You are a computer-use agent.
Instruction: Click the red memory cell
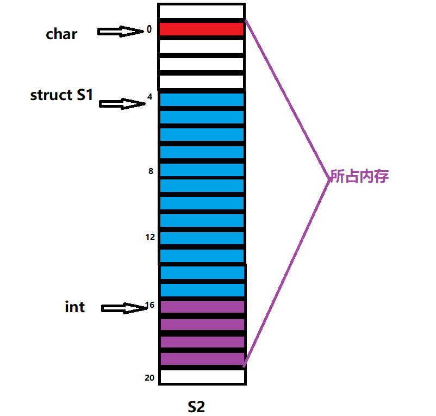201,29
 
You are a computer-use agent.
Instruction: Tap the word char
61,34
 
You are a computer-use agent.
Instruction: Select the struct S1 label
61,95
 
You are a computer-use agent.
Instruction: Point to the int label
74,307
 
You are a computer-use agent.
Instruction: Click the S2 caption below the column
196,406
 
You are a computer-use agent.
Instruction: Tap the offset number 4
150,97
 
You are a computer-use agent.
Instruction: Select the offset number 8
150,171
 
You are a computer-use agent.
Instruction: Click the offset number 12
150,237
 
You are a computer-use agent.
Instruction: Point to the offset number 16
150,305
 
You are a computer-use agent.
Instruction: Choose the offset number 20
150,377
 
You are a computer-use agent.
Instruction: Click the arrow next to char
120,32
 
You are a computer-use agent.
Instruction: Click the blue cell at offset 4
201,100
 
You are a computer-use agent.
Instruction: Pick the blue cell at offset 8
201,170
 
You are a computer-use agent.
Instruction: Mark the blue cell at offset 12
201,238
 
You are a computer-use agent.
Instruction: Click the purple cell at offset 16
202,307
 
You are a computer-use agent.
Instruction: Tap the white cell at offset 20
202,376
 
